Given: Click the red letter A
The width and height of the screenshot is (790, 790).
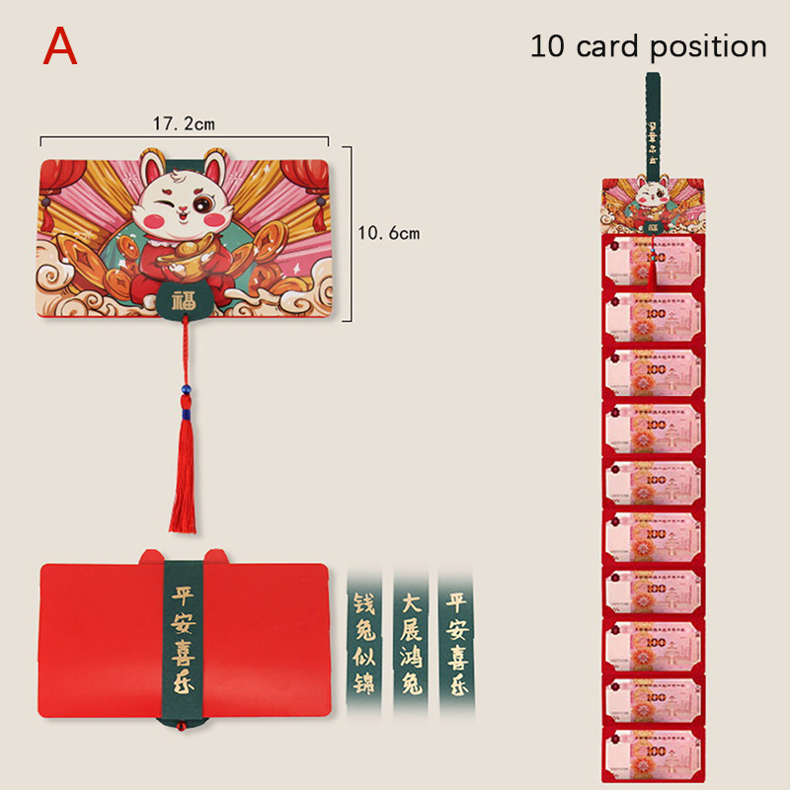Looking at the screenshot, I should (x=60, y=46).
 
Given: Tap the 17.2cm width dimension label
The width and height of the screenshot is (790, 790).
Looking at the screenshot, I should (x=184, y=124).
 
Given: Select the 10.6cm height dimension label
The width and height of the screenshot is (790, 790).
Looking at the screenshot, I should (x=389, y=234).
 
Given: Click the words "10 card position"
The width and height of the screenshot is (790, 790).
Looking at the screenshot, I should (x=648, y=46).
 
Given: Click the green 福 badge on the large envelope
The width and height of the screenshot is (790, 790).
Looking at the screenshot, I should (x=183, y=300).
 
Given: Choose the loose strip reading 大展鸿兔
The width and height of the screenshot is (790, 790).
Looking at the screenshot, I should (x=410, y=633).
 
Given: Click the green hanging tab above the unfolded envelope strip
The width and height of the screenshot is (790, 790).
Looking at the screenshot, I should (x=653, y=128).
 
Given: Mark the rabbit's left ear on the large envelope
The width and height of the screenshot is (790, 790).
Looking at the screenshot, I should (x=151, y=167).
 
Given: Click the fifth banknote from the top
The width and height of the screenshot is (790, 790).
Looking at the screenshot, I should (x=653, y=481).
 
